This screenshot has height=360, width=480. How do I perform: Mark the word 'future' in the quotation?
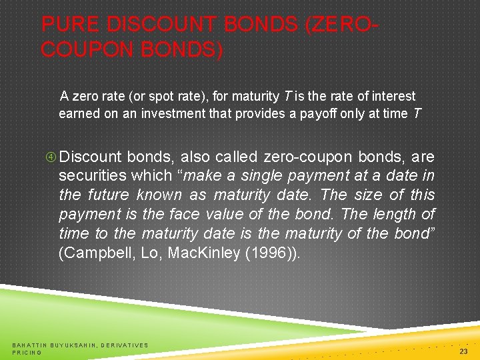click(x=107, y=195)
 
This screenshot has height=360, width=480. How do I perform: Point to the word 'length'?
click(x=396, y=215)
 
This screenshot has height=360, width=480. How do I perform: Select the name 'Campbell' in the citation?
click(x=97, y=253)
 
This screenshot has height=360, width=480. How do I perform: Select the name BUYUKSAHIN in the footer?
click(x=73, y=345)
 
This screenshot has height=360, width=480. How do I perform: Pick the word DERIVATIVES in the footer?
click(x=125, y=345)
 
